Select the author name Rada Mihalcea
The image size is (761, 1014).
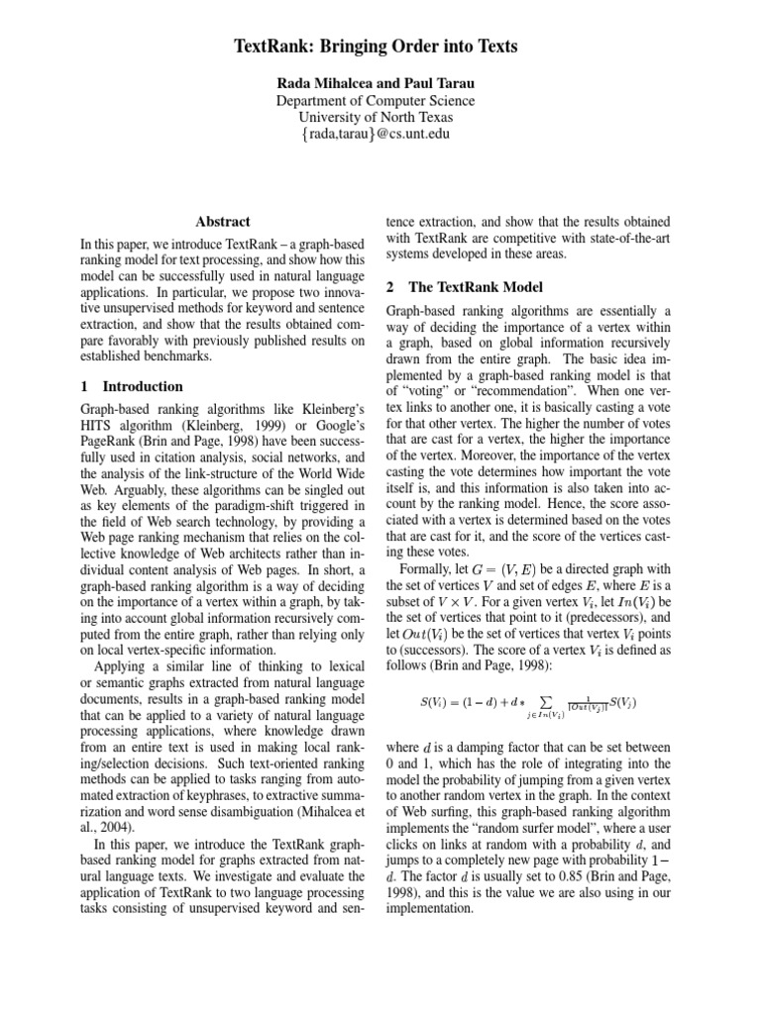click(324, 82)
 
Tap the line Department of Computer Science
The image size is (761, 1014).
click(375, 100)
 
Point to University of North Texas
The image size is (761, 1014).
click(375, 117)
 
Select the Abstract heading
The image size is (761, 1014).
click(223, 222)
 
